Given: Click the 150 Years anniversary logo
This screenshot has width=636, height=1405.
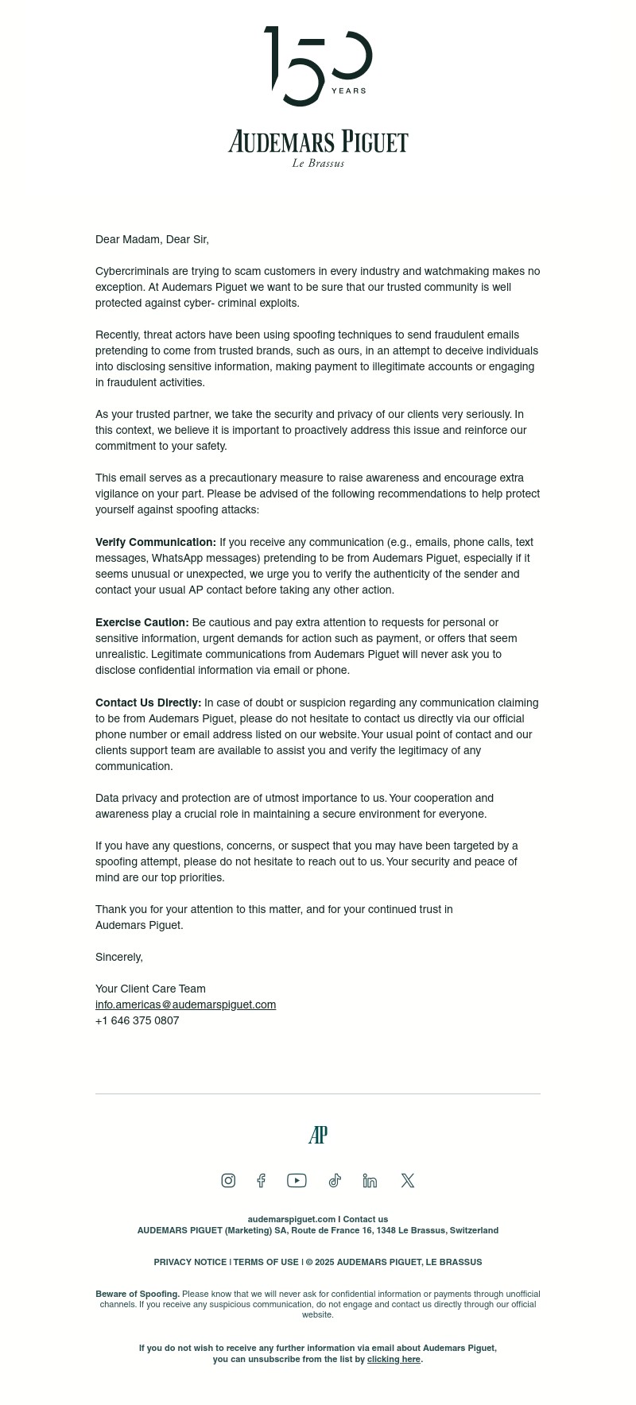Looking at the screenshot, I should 318,67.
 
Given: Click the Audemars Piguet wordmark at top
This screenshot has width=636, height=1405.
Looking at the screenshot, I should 318,142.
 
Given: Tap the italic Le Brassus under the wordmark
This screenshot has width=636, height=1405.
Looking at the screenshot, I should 318,163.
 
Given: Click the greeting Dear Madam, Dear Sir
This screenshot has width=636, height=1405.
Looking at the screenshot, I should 152,239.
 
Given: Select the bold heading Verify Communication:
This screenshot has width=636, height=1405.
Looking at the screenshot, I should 156,542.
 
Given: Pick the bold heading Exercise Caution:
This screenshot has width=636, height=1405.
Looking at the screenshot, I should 142,622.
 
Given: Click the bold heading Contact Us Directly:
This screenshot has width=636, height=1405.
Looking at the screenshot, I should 149,702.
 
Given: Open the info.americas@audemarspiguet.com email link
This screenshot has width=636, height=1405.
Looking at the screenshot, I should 185,1004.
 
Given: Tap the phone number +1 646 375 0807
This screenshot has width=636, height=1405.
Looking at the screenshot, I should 137,1020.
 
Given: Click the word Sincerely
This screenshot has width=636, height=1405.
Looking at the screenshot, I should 119,957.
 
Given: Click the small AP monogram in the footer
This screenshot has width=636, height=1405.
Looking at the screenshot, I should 318,1135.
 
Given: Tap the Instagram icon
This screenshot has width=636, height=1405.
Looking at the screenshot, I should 228,1180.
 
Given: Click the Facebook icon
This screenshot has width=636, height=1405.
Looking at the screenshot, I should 261,1180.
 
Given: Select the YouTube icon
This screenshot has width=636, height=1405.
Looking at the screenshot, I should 297,1180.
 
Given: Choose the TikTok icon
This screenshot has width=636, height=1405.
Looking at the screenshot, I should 335,1180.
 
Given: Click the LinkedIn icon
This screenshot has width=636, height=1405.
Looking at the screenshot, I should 370,1180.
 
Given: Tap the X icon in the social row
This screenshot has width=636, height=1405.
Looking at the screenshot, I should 408,1180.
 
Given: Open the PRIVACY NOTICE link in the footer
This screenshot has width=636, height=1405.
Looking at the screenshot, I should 190,1262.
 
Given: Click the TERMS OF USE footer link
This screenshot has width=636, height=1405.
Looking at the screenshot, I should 266,1262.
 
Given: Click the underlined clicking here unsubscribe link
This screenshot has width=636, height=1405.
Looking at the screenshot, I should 394,1359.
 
